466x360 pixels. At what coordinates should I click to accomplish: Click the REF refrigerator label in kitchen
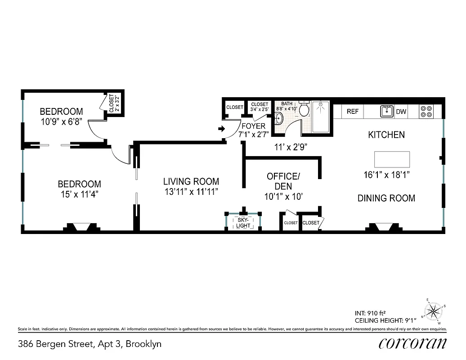point(353,112)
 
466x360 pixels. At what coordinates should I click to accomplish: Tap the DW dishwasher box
point(401,112)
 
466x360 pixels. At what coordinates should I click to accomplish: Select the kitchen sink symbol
point(387,111)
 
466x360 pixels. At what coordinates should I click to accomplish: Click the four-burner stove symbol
point(426,111)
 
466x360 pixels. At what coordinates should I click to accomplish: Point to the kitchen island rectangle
point(392,159)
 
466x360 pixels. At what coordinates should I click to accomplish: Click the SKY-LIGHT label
point(243,223)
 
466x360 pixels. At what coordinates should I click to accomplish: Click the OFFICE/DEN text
point(282,180)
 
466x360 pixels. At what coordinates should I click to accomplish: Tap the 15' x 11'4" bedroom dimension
point(80,194)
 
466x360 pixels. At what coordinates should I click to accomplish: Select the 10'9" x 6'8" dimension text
point(61,122)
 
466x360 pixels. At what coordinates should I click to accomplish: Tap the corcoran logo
point(412,344)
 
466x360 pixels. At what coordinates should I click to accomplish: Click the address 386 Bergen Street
point(90,344)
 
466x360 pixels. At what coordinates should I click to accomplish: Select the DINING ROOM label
point(386,198)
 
